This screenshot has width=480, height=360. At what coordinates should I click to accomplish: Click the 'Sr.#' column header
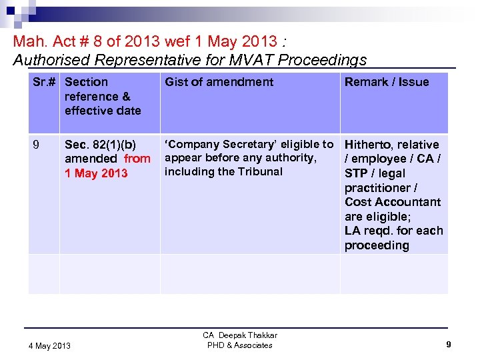pos(44,82)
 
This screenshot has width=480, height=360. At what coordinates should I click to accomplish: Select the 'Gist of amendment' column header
pos(219,82)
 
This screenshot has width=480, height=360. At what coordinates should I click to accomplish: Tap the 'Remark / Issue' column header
pos(387,82)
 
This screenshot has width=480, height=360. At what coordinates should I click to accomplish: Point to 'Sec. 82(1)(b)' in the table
pos(100,145)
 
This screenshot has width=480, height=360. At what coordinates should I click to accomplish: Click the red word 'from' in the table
pos(137,159)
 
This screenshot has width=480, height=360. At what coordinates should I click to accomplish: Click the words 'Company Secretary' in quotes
pos(225,144)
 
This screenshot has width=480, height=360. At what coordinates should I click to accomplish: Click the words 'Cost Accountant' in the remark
pos(393,202)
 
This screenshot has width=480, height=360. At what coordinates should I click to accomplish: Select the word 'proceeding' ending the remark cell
pos(377,245)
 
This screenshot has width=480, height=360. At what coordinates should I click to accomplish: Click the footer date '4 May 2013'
pos(50,345)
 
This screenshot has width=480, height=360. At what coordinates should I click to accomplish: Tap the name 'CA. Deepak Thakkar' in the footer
pos(240,335)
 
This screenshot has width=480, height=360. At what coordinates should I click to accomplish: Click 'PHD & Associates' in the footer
pos(240,345)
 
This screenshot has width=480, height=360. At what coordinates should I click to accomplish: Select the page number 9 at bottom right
pos(449,345)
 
